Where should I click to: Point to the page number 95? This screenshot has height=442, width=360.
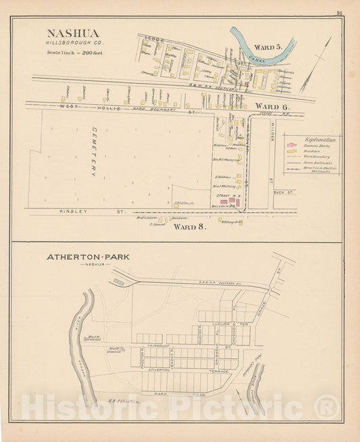338,12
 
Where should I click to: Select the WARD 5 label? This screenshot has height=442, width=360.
269,47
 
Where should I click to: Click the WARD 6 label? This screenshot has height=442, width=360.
272,107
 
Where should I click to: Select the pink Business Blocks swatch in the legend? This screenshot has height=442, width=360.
291,145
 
